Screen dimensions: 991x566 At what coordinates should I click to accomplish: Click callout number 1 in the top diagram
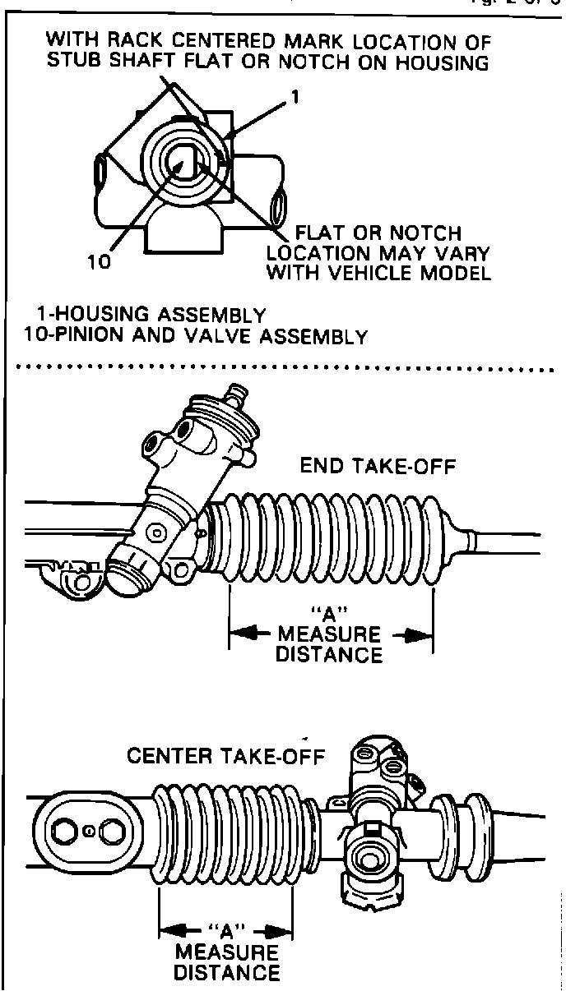tap(294, 97)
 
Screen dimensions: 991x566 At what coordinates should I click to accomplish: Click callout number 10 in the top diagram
tap(98, 263)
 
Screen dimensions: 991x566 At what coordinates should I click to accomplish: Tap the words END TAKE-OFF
tap(378, 467)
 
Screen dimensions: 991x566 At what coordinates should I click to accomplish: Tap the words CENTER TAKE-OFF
tap(226, 755)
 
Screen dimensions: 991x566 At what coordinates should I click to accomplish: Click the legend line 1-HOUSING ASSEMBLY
tap(151, 315)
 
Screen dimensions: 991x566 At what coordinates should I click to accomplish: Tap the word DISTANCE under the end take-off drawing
tap(330, 655)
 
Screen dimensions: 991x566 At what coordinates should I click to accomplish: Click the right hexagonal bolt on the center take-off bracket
tap(113, 831)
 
